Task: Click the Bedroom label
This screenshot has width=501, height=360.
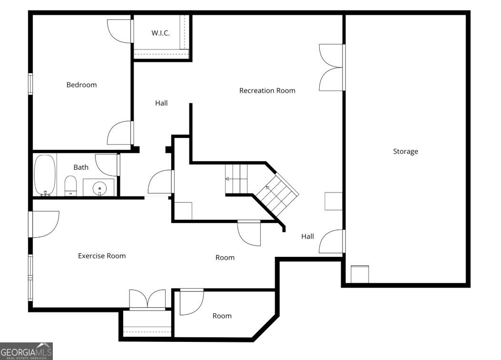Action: (81, 85)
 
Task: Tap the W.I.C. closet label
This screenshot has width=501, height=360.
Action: (160, 33)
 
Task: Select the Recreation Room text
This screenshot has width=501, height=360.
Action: (267, 90)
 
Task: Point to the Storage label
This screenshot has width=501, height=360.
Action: (405, 151)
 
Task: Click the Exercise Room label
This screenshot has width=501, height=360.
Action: (102, 256)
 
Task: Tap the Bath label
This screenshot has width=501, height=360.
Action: (81, 167)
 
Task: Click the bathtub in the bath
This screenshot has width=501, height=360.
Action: (45, 175)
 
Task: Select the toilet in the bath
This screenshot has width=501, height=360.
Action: (70, 185)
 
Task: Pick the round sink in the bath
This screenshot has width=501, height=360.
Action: (99, 188)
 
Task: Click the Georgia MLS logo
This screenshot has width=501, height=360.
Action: (26, 351)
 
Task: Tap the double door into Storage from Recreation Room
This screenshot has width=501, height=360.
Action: (331, 67)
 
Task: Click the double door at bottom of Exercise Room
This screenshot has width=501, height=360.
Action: (147, 300)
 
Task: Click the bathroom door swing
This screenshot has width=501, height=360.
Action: (107, 165)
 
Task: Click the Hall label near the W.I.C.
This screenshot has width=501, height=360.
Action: (161, 103)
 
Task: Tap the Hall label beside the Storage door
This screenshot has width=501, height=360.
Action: (307, 236)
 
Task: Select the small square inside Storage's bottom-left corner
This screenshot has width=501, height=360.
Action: (360, 274)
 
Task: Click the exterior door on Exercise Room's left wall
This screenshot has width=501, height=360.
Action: (45, 224)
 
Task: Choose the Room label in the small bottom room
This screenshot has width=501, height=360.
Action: (222, 316)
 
